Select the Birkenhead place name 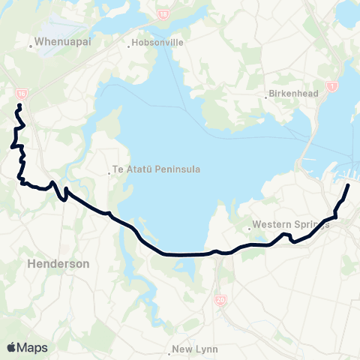click(x=295, y=94)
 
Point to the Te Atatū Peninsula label click(x=157, y=169)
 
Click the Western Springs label click(x=291, y=223)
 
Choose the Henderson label click(x=58, y=264)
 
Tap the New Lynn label click(x=194, y=349)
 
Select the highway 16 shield click(x=20, y=93)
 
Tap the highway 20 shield click(x=220, y=299)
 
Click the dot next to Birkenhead click(x=268, y=95)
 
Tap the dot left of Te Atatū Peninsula click(x=109, y=170)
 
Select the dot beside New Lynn click(x=169, y=349)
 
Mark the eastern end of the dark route click(x=349, y=184)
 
